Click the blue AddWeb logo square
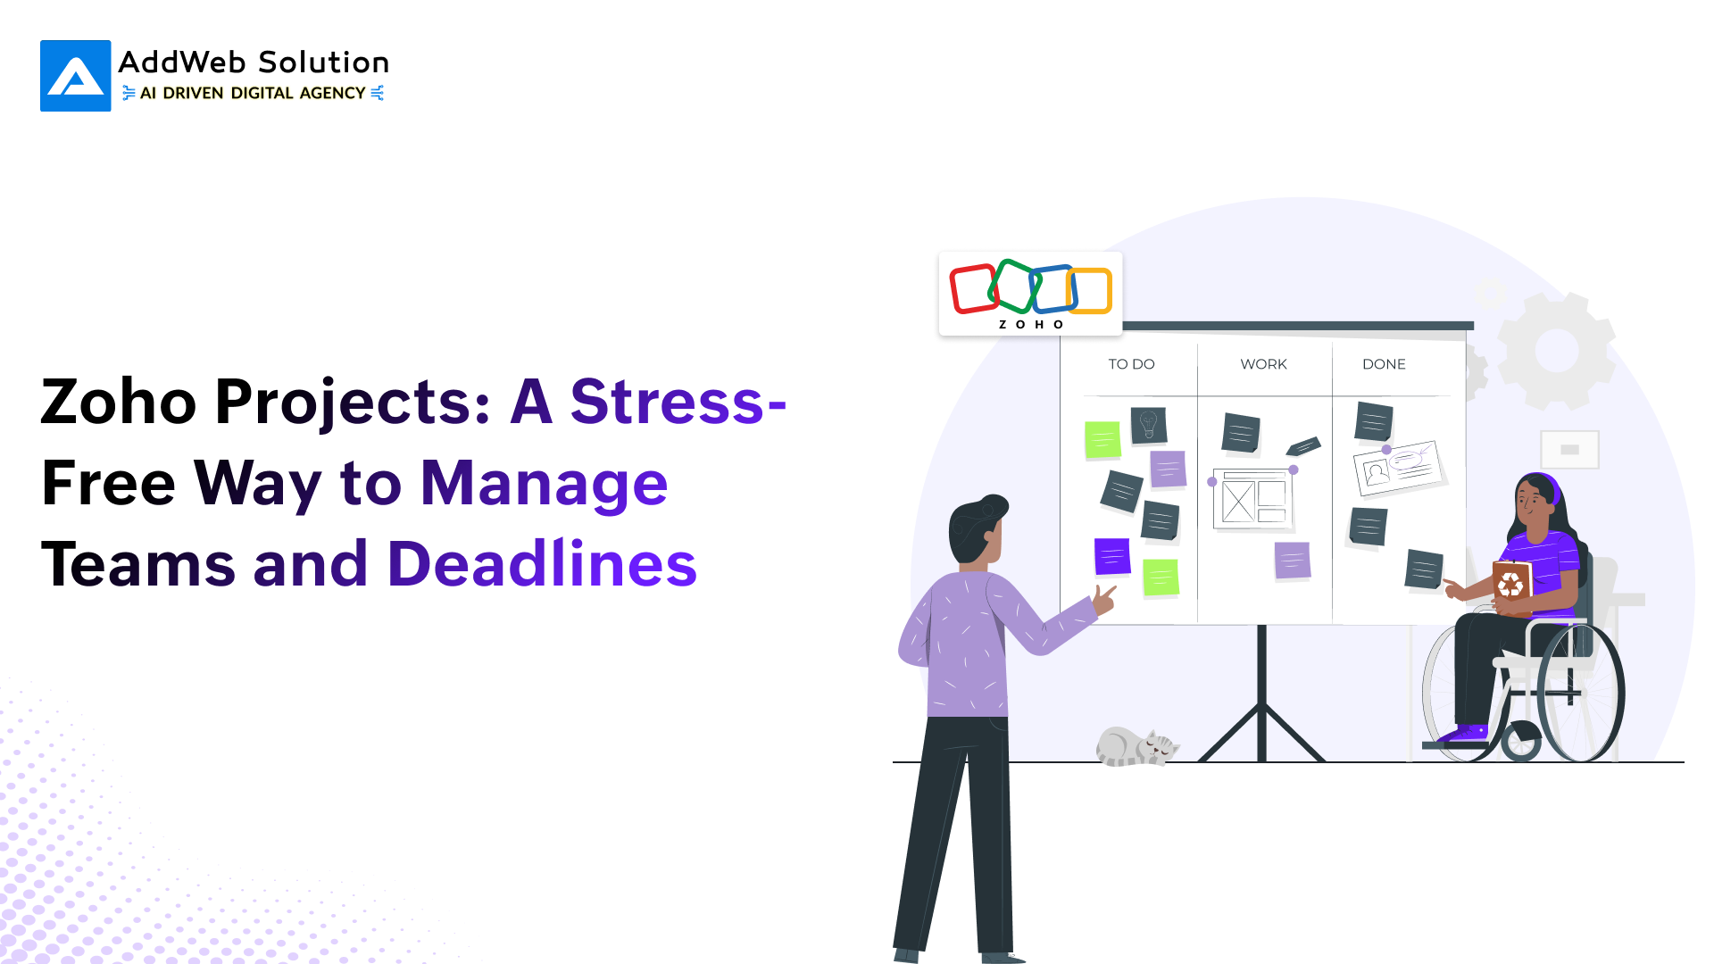tap(76, 76)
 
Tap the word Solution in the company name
tap(323, 62)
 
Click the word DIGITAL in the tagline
tap(262, 93)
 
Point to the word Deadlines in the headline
tap(542, 564)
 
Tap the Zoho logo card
tap(1030, 294)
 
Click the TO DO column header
tap(1131, 364)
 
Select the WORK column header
tap(1263, 364)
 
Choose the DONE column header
tap(1384, 364)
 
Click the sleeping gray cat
tap(1136, 746)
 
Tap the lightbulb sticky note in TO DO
tap(1149, 425)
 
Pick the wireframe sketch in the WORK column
tap(1252, 498)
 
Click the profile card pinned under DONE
tap(1398, 468)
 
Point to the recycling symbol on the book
tap(1510, 586)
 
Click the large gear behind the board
tap(1557, 350)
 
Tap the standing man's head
tap(977, 530)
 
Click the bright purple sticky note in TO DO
tap(1112, 556)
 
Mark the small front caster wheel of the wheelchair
tap(1521, 741)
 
